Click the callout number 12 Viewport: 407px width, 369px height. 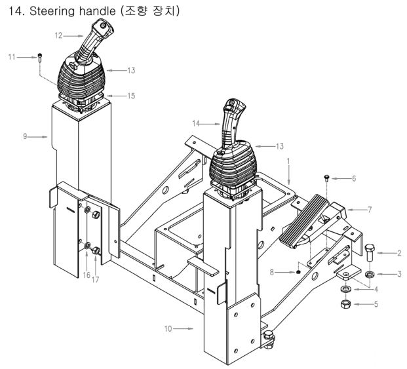tap(59, 35)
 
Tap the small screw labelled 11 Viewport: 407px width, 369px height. tap(40, 58)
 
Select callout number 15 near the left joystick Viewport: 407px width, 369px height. tap(131, 96)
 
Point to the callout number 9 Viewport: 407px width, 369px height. tap(25, 136)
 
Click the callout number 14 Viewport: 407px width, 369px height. tap(196, 123)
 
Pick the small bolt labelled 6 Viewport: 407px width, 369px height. tap(326, 179)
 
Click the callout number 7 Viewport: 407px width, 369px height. tap(370, 210)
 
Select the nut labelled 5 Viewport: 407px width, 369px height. tap(345, 303)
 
